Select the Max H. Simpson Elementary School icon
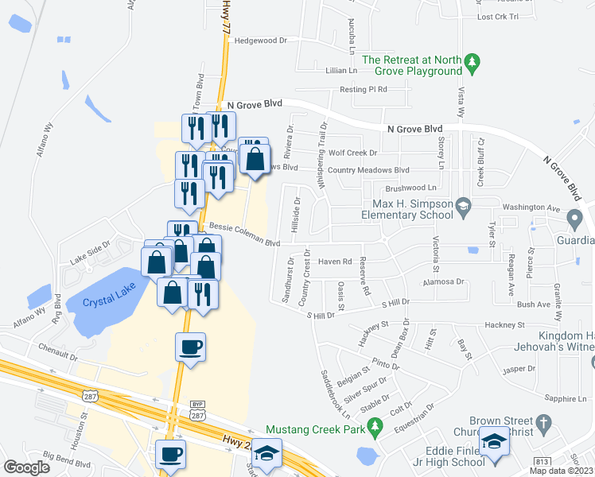click(461, 208)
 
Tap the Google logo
click(26, 467)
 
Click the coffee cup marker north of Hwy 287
click(191, 347)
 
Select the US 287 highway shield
click(85, 395)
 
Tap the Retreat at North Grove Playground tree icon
click(472, 62)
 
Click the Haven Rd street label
click(335, 261)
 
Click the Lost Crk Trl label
click(496, 17)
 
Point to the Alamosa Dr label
click(443, 281)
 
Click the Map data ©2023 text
click(561, 471)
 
